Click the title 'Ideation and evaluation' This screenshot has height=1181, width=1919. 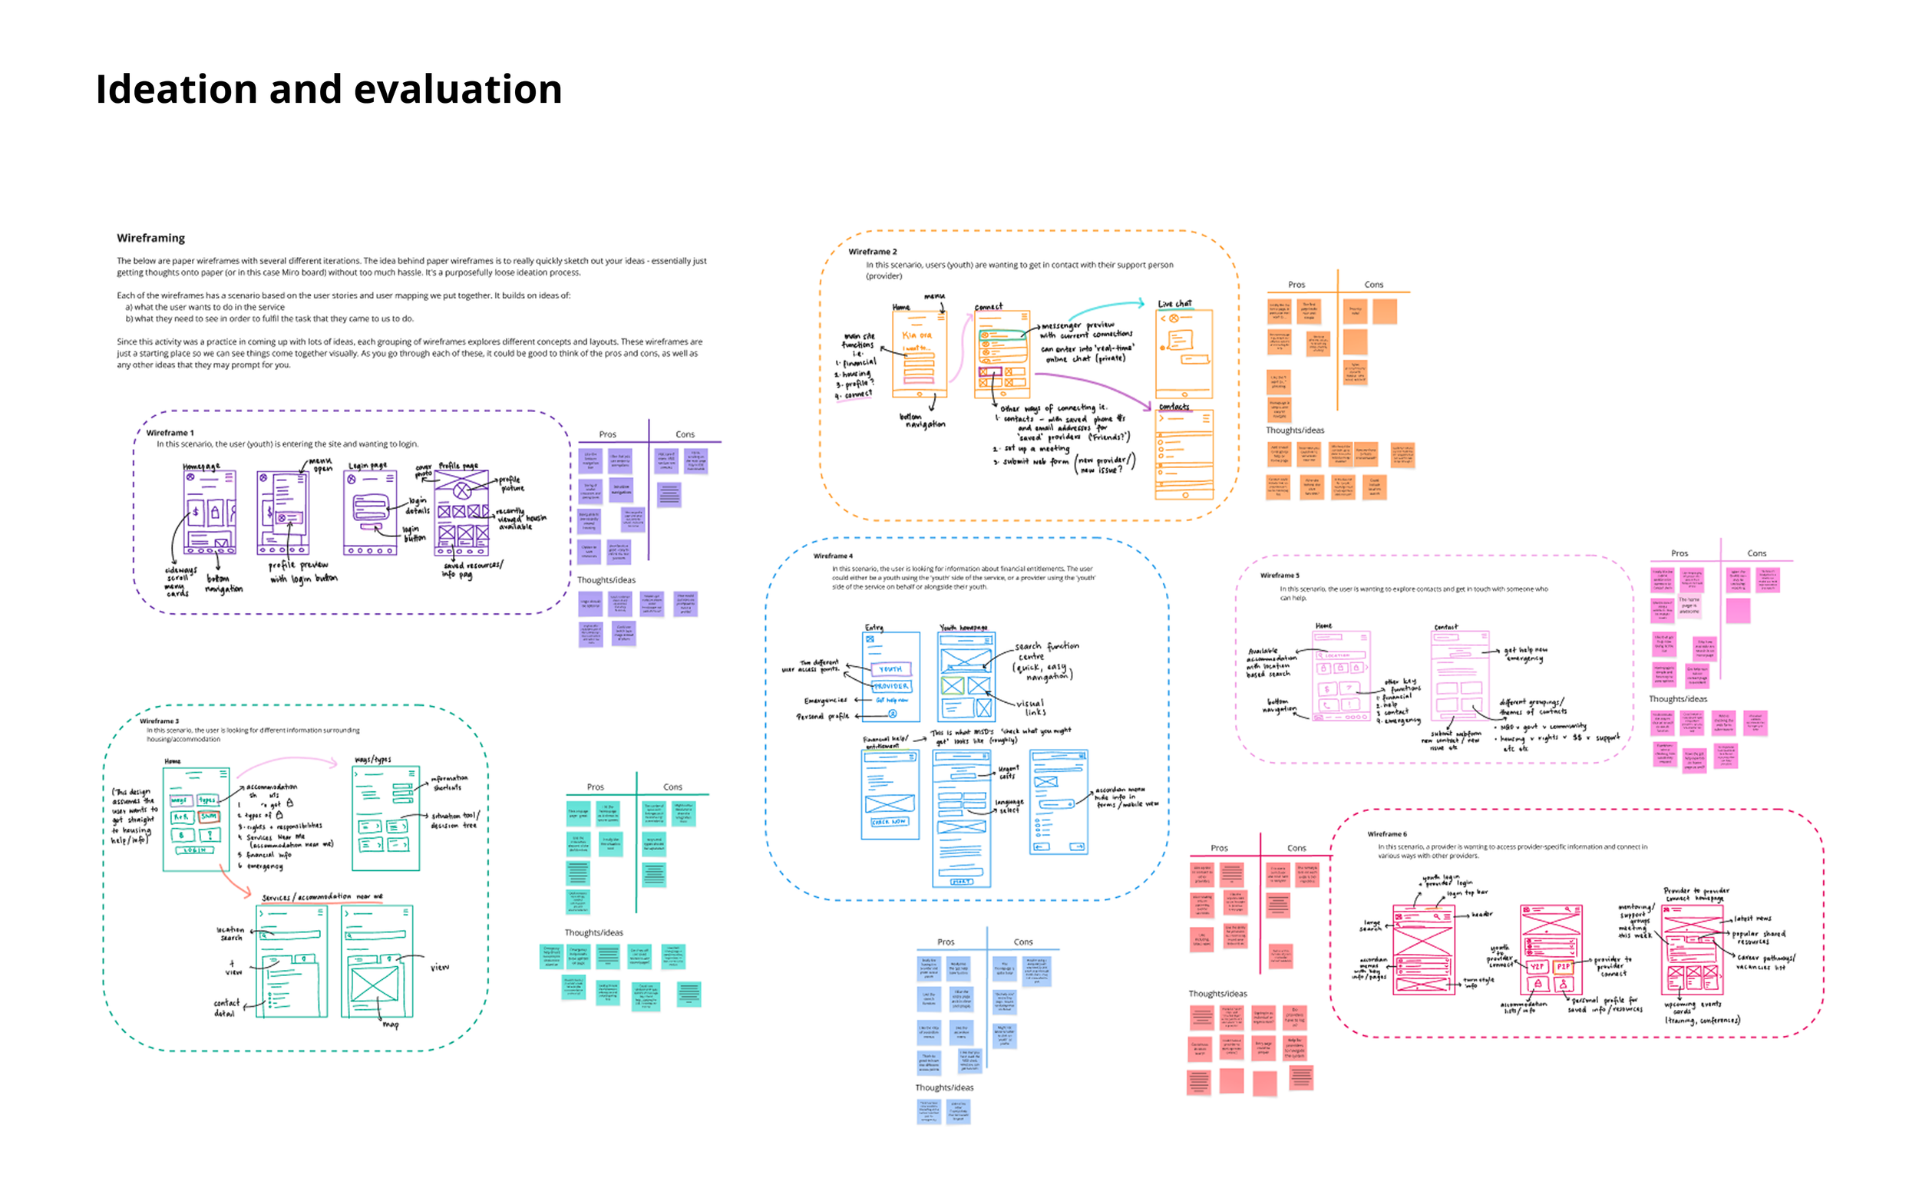[329, 89]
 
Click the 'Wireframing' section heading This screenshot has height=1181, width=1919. [150, 238]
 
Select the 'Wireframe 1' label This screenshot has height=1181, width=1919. [170, 433]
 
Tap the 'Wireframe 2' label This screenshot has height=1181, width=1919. [872, 252]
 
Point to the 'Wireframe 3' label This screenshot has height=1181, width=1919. [160, 721]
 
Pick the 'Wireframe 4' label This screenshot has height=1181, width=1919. [833, 556]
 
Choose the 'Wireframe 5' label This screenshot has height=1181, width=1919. [1279, 576]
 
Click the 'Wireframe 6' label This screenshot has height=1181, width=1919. [1387, 834]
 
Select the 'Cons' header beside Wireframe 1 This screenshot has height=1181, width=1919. [685, 434]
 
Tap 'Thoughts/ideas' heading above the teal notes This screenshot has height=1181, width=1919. [594, 932]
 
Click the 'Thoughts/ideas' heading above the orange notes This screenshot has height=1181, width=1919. [1295, 431]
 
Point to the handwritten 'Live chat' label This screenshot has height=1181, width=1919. [1174, 303]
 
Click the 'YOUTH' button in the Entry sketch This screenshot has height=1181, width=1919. [890, 669]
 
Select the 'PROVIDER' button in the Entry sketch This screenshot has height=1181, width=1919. [890, 686]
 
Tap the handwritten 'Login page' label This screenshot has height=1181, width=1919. [367, 466]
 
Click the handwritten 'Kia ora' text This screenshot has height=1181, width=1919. [917, 335]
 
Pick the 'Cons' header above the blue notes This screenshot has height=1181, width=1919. [1022, 942]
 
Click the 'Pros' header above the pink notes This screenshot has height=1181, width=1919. [1680, 554]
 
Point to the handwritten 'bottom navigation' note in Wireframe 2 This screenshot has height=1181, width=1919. [924, 421]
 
